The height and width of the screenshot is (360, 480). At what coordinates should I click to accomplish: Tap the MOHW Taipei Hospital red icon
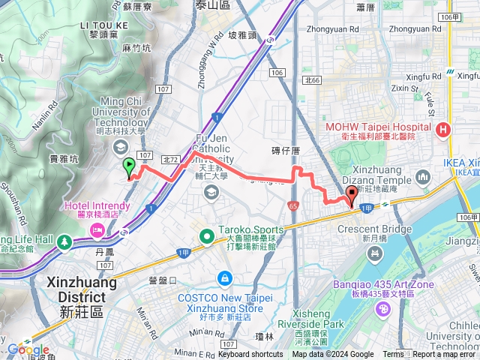[444, 130]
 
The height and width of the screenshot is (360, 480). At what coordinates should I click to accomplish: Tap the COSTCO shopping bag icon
[223, 278]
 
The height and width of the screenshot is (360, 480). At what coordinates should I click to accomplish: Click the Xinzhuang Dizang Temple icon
[422, 178]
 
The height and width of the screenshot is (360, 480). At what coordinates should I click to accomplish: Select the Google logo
[28, 349]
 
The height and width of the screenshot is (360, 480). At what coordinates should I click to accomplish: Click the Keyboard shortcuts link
[250, 355]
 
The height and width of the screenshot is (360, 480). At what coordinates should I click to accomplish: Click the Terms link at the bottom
[393, 355]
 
